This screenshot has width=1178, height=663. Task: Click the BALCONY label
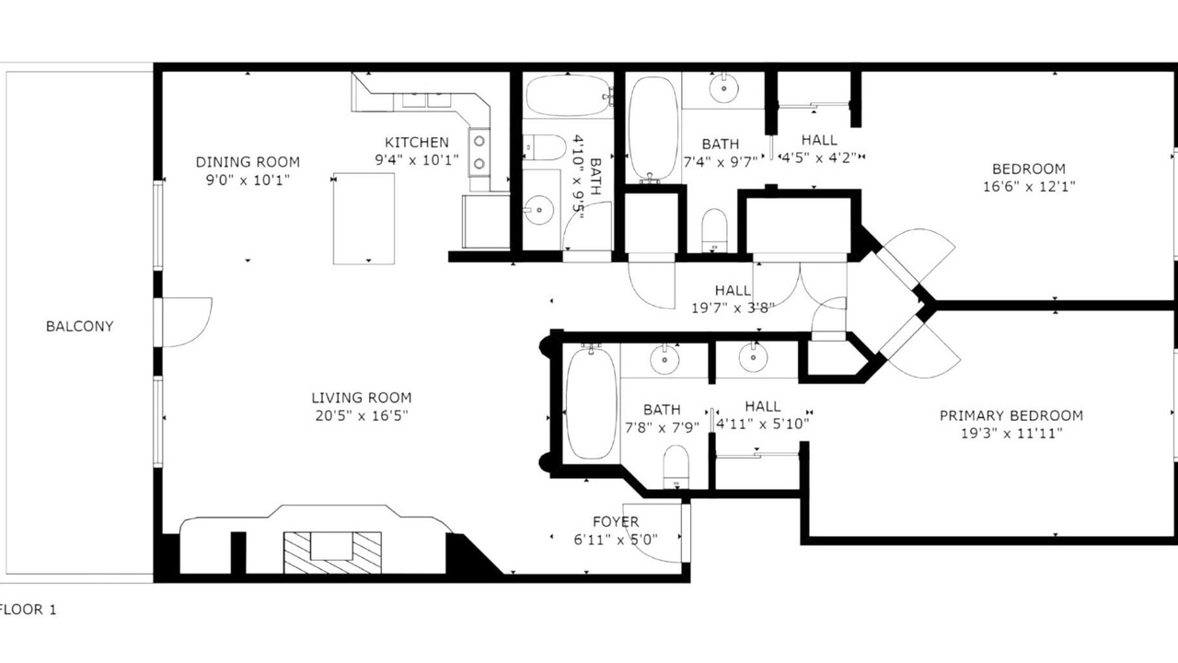click(x=79, y=326)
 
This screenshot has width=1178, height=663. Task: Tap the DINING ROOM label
click(x=248, y=161)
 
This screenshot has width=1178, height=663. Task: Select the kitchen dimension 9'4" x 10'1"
click(x=417, y=159)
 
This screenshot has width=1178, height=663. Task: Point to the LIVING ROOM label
click(x=362, y=397)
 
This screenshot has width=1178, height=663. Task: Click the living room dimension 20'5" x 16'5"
click(x=362, y=415)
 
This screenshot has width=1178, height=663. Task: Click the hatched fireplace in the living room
click(x=332, y=552)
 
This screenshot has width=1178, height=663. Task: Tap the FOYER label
click(x=616, y=521)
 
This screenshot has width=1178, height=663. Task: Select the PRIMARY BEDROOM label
click(x=1011, y=415)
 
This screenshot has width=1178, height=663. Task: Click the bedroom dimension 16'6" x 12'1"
click(x=1029, y=186)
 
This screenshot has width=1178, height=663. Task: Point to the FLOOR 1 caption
click(x=28, y=610)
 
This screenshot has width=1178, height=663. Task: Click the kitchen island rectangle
click(x=364, y=218)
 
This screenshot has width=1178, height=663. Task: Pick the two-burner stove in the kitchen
click(x=479, y=153)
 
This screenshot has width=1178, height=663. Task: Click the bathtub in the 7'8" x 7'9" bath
click(x=592, y=403)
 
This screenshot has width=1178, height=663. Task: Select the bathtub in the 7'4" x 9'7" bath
click(x=653, y=129)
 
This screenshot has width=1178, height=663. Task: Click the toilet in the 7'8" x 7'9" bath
click(x=676, y=467)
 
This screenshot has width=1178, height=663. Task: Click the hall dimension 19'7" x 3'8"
click(x=733, y=308)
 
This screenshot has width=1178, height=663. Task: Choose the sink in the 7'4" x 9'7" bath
click(x=723, y=88)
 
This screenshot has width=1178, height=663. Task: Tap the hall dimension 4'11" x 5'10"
click(x=763, y=424)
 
